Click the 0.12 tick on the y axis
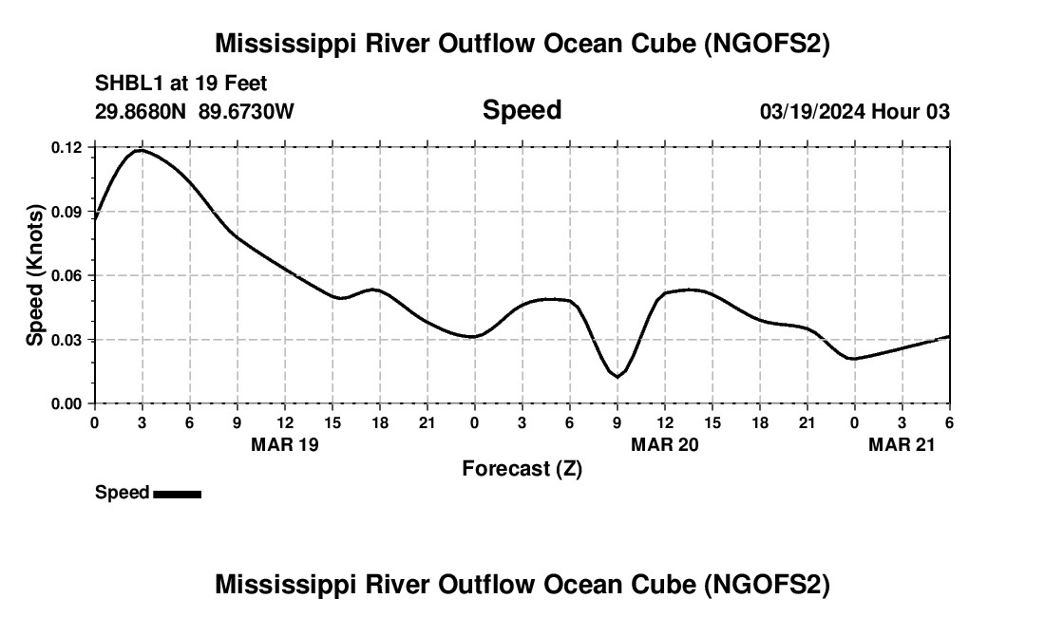point(67,148)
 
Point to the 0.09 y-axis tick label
point(67,212)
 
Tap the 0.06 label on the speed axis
point(67,276)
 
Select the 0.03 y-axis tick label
point(67,340)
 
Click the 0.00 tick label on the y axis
point(67,404)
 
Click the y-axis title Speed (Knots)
point(35,275)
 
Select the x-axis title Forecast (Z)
point(522,468)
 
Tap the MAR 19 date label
point(285,444)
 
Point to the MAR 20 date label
point(665,444)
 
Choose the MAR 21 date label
point(902,444)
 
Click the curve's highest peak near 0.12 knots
point(142,150)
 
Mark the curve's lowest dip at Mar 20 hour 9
point(617,377)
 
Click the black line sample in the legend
point(178,494)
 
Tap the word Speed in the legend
point(122,493)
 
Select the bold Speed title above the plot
point(522,110)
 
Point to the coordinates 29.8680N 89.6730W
point(195,111)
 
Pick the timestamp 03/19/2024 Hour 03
point(854,112)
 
